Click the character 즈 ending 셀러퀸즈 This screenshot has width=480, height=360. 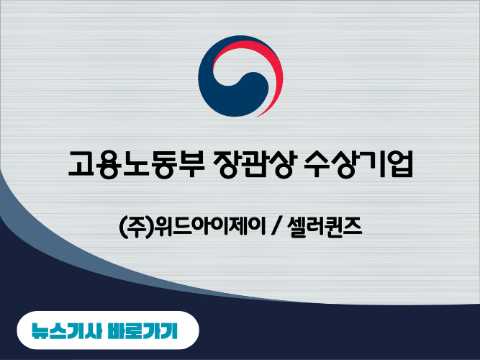[355, 230]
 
